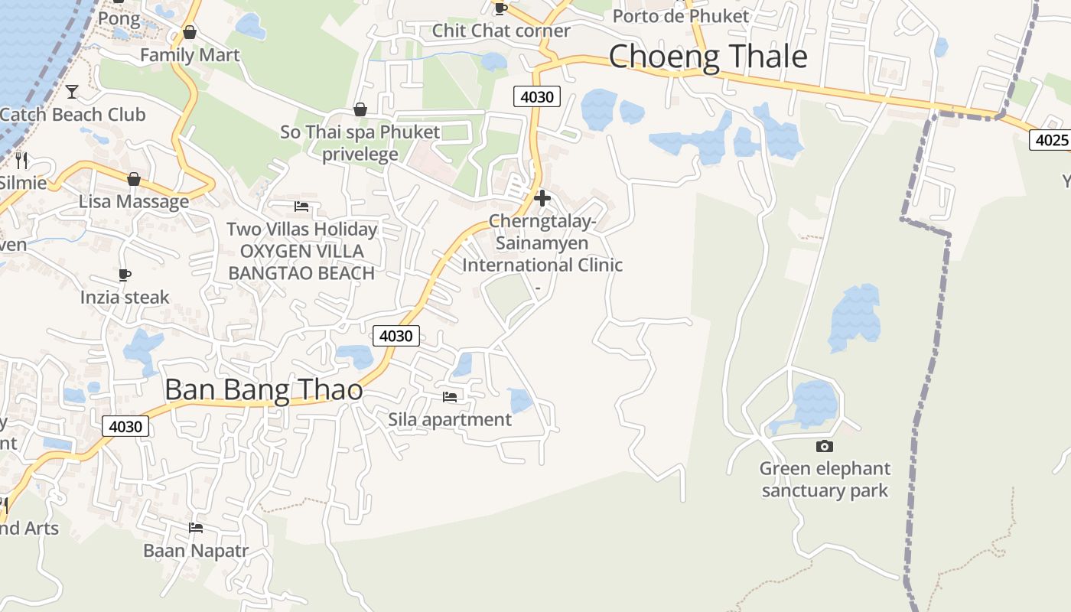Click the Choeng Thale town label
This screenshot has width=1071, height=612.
tap(708, 57)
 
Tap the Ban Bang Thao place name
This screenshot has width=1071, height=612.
tap(264, 390)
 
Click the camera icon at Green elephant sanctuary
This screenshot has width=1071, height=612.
tap(825, 446)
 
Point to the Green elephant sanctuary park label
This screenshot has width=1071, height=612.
tap(825, 480)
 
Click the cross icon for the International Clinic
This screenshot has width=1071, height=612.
tap(542, 198)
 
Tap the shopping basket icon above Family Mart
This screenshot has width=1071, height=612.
tap(190, 32)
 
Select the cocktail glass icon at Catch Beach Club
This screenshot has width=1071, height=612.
tap(72, 92)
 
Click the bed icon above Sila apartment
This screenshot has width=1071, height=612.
tap(450, 396)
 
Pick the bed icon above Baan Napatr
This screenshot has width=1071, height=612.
tap(196, 527)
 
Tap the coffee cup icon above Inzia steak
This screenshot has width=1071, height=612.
tap(125, 275)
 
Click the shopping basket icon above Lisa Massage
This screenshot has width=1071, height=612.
tap(134, 179)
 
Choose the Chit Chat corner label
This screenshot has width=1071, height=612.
tap(501, 31)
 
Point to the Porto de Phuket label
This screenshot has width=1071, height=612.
tap(681, 15)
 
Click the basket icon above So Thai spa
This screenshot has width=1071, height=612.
tap(360, 109)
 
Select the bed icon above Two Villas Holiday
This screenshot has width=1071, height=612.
tap(301, 207)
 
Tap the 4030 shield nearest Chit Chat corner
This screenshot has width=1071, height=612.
tap(536, 96)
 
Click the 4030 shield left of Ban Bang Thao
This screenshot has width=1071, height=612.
tap(125, 426)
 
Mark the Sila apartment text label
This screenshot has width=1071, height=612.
tap(450, 419)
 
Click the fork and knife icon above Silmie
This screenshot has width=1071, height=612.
tap(21, 160)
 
